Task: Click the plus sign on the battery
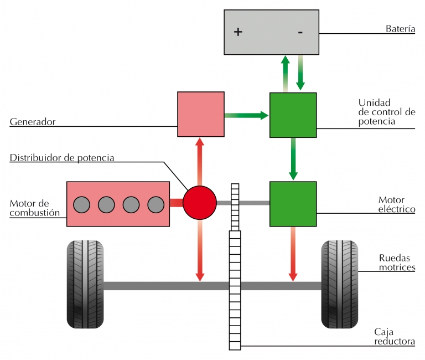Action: click(238, 32)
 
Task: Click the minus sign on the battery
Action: click(300, 32)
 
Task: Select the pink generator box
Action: click(201, 114)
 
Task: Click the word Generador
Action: click(33, 122)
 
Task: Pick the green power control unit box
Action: click(293, 115)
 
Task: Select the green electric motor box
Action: click(293, 203)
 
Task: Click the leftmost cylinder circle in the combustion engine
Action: click(82, 204)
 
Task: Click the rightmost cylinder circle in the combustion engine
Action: click(156, 204)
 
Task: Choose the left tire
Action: click(85, 284)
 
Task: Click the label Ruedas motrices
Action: click(397, 263)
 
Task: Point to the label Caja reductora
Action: click(395, 337)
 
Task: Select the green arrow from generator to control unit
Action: click(246, 115)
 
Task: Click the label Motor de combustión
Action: click(34, 208)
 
